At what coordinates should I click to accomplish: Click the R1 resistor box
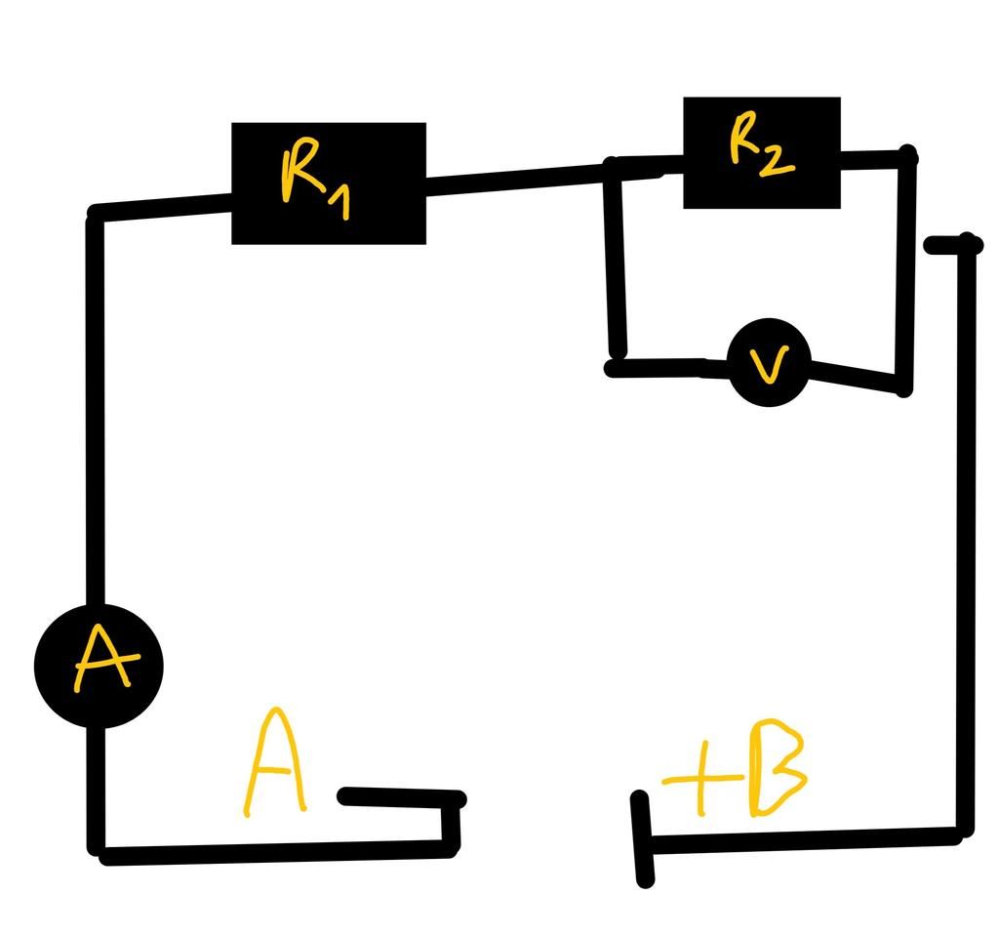pyautogui.click(x=328, y=183)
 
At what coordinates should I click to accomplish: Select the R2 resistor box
pyautogui.click(x=761, y=152)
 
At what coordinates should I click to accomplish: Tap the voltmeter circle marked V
pyautogui.click(x=769, y=362)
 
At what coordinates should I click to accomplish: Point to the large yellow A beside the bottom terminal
pyautogui.click(x=275, y=763)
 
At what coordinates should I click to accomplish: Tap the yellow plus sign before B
pyautogui.click(x=699, y=779)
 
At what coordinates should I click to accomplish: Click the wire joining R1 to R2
pyautogui.click(x=517, y=178)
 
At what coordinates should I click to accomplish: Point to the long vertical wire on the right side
pyautogui.click(x=967, y=537)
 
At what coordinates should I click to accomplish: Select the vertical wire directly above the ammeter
pyautogui.click(x=95, y=410)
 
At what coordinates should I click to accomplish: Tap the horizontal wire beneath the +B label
pyautogui.click(x=800, y=839)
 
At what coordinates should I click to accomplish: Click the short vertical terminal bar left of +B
pyautogui.click(x=643, y=839)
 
